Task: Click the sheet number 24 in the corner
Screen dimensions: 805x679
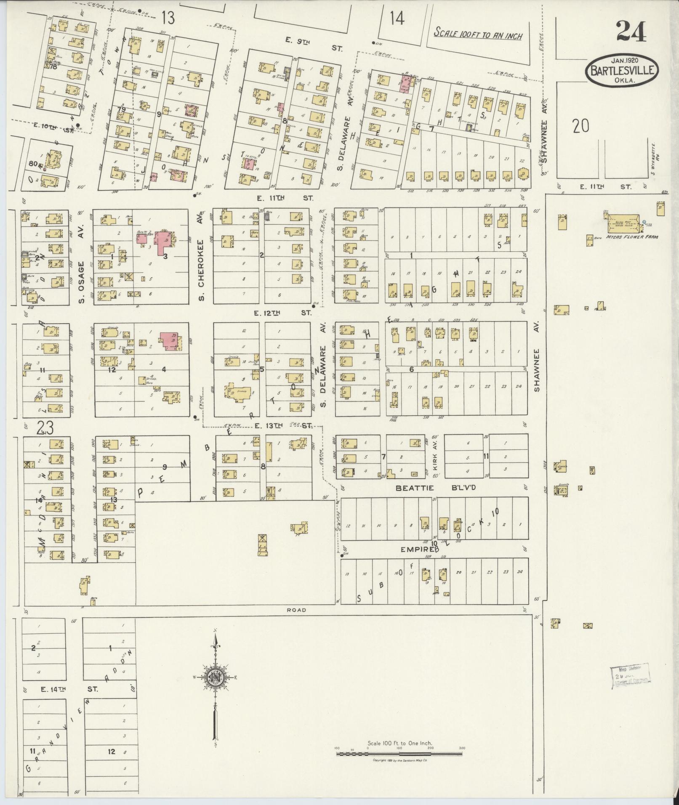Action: (x=631, y=32)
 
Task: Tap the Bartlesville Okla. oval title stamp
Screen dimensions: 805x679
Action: (x=622, y=71)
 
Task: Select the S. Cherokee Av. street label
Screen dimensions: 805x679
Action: (x=202, y=264)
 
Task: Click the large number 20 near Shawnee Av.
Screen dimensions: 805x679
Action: (x=580, y=126)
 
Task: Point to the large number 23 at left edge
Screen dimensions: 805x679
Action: (x=45, y=428)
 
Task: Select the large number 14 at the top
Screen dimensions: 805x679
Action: (x=396, y=19)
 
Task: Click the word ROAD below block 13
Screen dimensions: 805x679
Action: (x=296, y=610)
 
